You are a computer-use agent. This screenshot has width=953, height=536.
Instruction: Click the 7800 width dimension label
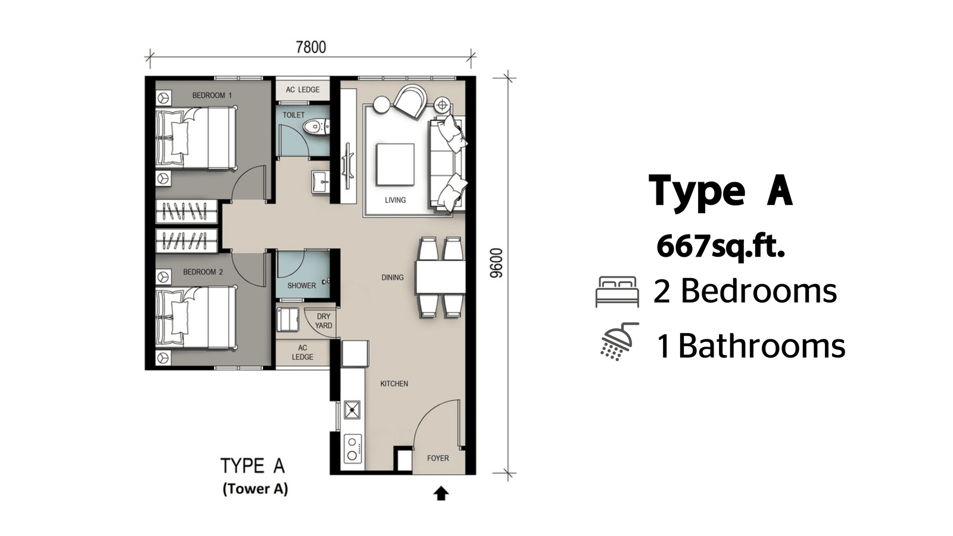click(x=311, y=47)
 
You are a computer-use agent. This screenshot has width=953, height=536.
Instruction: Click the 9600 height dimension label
click(x=497, y=263)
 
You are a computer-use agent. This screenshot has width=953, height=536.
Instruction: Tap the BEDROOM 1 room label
click(x=212, y=95)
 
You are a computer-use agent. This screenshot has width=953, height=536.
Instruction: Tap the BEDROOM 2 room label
click(x=203, y=272)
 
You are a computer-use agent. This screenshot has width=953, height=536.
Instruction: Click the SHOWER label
click(x=301, y=285)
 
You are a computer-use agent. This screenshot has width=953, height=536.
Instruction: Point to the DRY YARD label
click(x=324, y=321)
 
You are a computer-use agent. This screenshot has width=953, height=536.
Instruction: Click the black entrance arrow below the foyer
click(x=441, y=494)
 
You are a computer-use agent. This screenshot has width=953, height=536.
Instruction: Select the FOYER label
click(x=438, y=458)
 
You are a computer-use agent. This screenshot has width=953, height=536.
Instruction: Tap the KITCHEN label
click(x=394, y=384)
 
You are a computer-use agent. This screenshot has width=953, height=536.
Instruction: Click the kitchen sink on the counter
click(x=352, y=410)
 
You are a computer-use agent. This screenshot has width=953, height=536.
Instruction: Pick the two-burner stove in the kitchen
click(x=352, y=448)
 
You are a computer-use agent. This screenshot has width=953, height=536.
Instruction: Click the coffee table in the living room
click(x=395, y=164)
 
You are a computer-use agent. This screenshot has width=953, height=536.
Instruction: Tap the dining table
click(x=440, y=278)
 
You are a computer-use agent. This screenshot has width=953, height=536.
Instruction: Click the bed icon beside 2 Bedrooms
click(x=617, y=291)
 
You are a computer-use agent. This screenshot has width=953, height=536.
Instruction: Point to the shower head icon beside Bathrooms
click(x=619, y=341)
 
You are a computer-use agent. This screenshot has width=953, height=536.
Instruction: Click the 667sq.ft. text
click(x=720, y=247)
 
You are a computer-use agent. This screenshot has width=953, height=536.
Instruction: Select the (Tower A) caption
click(x=256, y=488)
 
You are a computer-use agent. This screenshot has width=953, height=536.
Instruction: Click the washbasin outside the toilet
click(x=320, y=182)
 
